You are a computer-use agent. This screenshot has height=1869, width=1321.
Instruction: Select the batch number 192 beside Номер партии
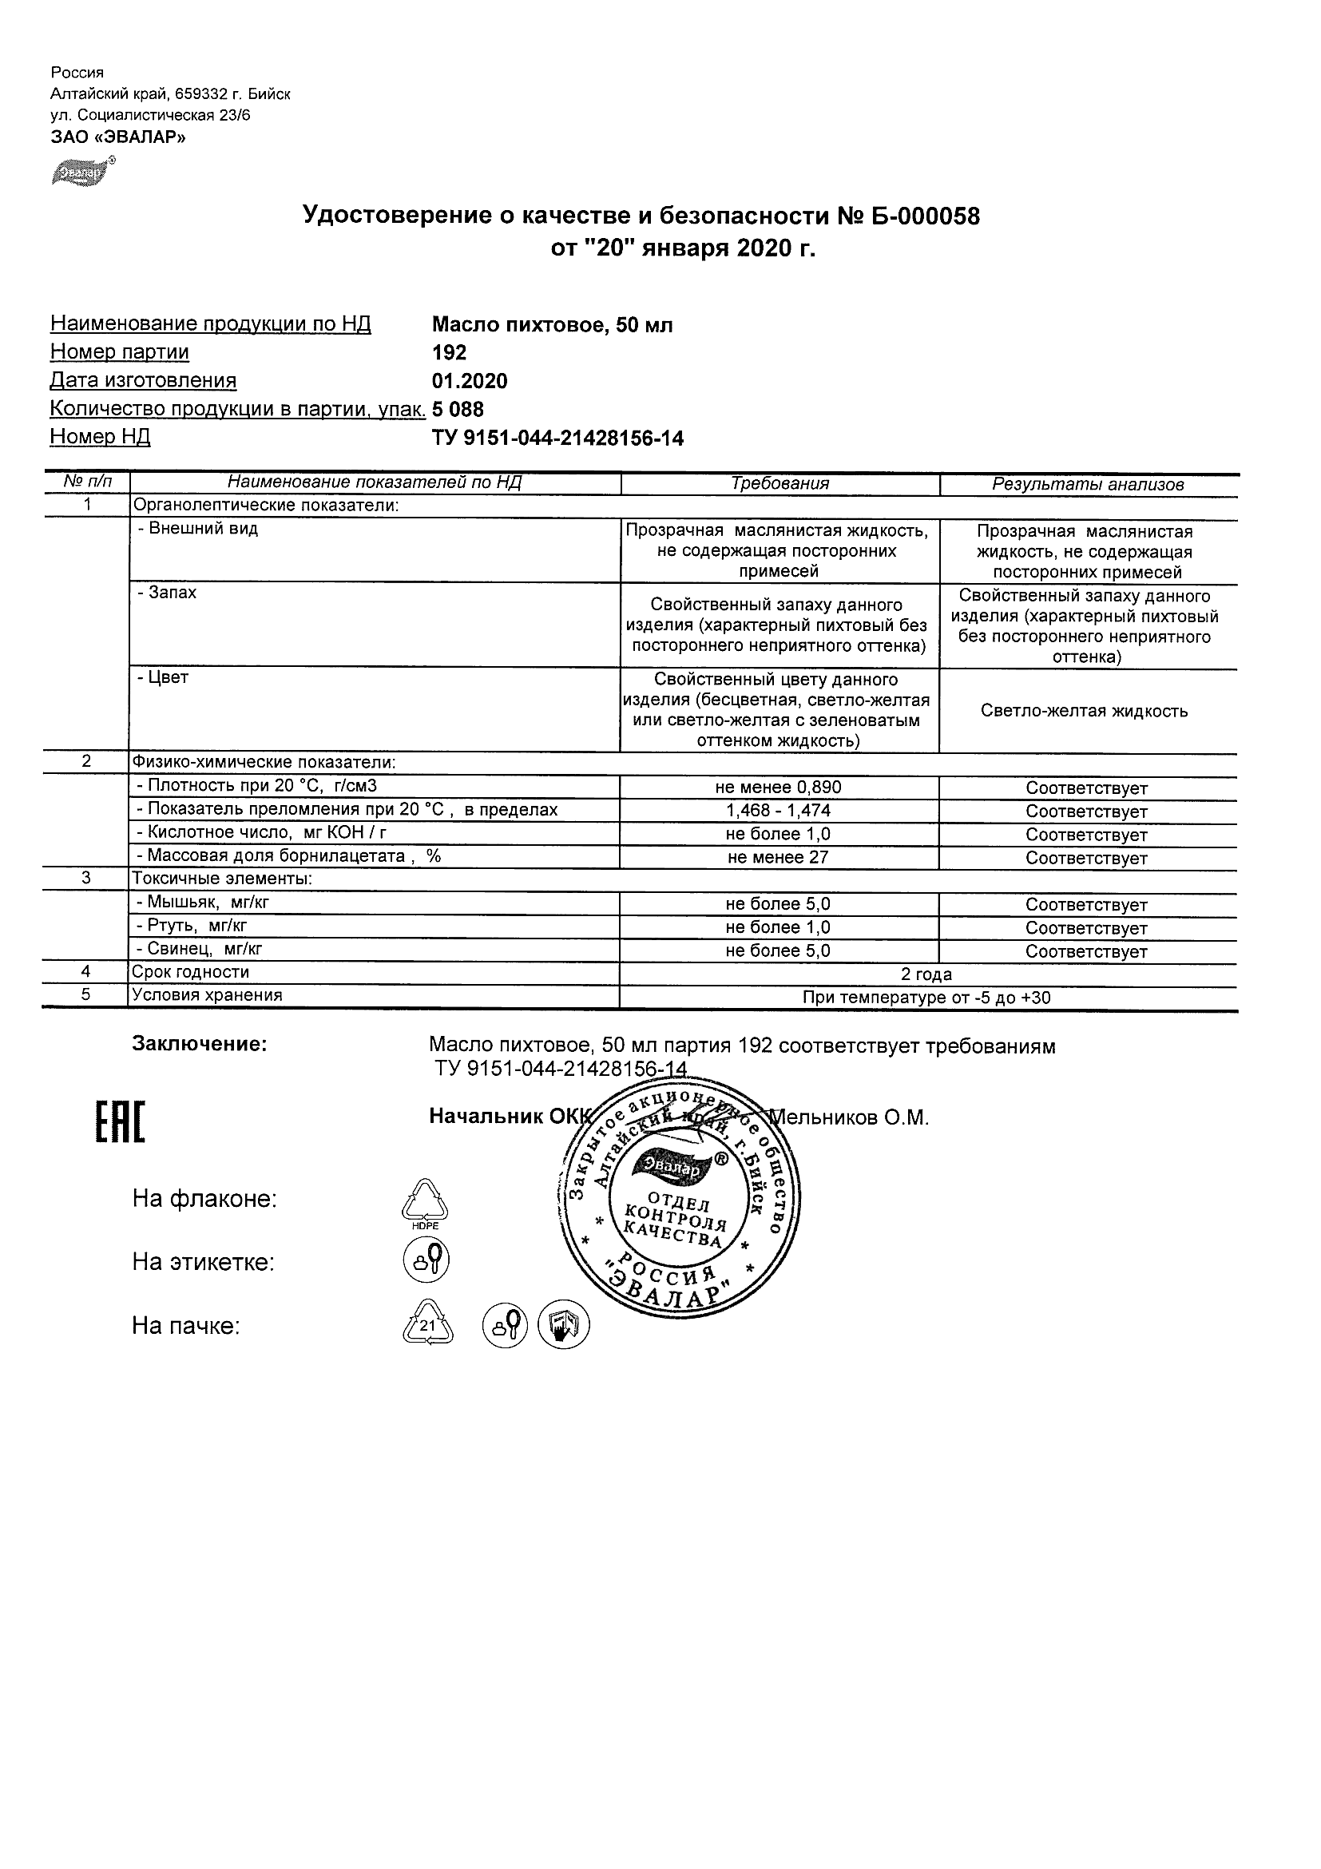(449, 352)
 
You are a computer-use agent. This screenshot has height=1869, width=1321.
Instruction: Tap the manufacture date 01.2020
(469, 381)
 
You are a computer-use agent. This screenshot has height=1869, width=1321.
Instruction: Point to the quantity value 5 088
(458, 409)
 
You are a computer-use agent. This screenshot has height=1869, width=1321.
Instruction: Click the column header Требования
(779, 483)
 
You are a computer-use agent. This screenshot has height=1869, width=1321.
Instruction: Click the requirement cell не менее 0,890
(778, 788)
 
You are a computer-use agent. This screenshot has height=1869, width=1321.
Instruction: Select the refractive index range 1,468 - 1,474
(778, 811)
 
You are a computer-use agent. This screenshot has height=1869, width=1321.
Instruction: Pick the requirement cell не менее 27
(778, 857)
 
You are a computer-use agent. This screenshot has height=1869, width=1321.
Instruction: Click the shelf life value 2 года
(926, 974)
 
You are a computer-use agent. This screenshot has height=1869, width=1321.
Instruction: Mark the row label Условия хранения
(207, 994)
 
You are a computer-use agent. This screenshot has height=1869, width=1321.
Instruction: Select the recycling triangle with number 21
(427, 1326)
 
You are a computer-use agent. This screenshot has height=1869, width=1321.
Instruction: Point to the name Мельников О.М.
(850, 1117)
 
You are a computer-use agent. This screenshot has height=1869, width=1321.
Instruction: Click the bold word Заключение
(200, 1045)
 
